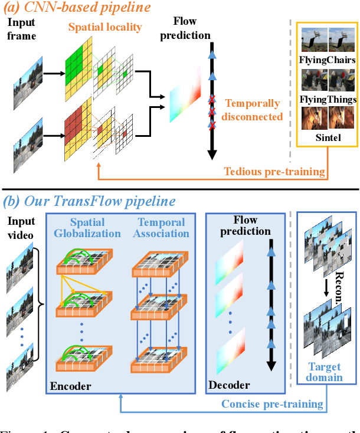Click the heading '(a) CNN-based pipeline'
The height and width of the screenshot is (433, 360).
(x=86, y=8)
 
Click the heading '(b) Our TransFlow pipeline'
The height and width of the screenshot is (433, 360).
(x=90, y=201)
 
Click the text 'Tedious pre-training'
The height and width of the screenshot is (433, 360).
(x=274, y=172)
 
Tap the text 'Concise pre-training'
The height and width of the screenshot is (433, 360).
(x=272, y=404)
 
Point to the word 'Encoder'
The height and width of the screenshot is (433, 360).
(x=70, y=386)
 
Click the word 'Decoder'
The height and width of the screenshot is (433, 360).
(x=229, y=386)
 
